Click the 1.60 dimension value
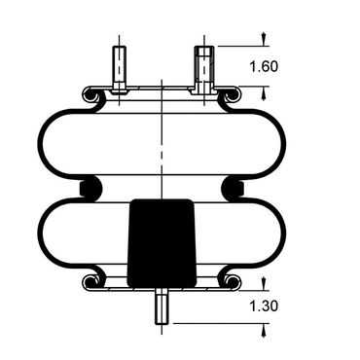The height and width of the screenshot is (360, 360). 264,66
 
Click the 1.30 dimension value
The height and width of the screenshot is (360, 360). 264,306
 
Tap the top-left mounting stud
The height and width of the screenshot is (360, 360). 120,70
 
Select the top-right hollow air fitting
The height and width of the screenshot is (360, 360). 204,70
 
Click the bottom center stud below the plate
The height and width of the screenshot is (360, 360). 161,306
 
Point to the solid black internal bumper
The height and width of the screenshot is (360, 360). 162,243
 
